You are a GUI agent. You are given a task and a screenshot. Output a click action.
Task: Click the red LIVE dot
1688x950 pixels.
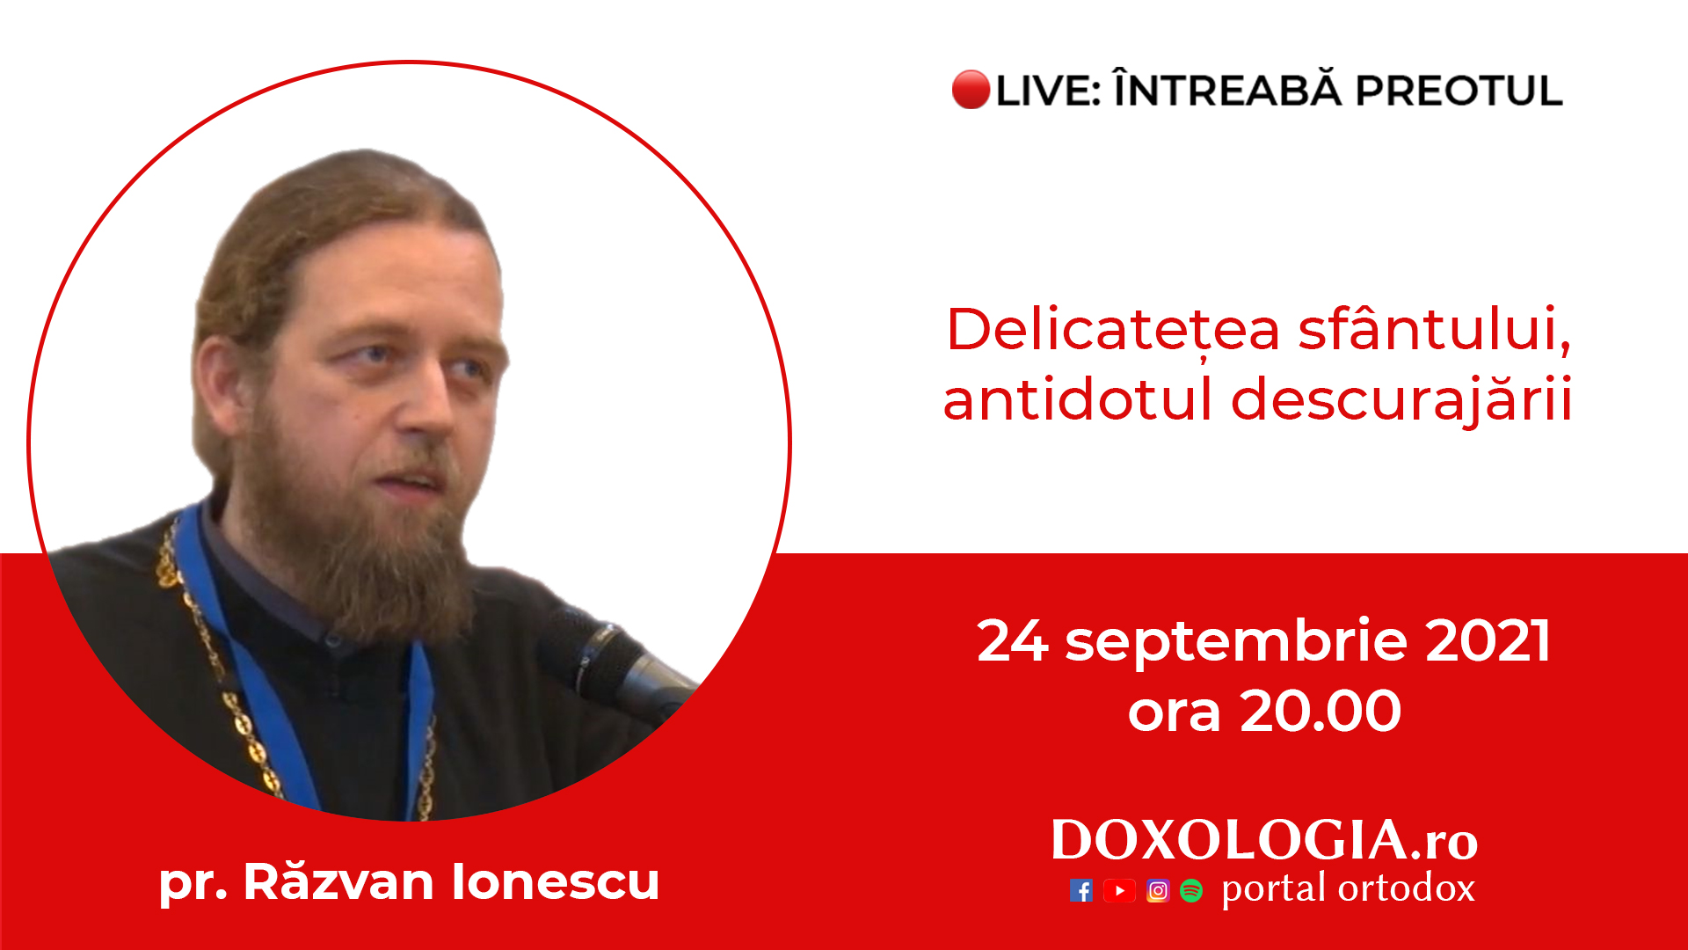click(x=971, y=90)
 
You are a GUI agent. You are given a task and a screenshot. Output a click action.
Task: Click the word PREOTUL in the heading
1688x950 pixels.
click(x=1459, y=91)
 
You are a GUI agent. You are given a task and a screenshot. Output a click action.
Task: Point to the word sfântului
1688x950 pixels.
click(x=1434, y=329)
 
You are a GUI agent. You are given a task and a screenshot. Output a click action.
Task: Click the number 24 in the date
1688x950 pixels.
click(x=1012, y=640)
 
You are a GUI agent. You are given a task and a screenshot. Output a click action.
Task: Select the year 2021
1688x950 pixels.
click(x=1488, y=640)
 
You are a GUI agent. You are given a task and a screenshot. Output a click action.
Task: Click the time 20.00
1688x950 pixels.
click(x=1321, y=711)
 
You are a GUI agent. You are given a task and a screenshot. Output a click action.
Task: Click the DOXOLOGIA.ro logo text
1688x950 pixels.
click(x=1264, y=840)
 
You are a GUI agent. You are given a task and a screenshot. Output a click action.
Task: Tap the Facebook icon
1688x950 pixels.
click(x=1081, y=891)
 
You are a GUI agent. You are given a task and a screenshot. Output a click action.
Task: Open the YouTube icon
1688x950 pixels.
click(x=1119, y=891)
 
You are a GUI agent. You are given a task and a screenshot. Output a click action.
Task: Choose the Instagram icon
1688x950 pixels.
click(x=1158, y=891)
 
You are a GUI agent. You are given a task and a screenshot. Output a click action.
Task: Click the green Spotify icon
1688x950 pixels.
click(x=1191, y=891)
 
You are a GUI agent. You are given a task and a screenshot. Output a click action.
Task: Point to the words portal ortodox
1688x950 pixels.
click(x=1348, y=888)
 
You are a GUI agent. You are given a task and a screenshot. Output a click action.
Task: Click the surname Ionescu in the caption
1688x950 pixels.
click(x=556, y=881)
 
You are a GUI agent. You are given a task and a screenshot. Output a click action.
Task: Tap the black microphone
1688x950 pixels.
click(x=615, y=664)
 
